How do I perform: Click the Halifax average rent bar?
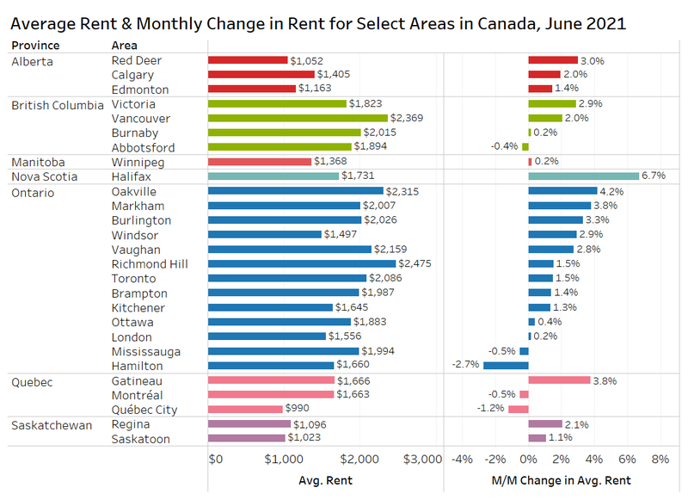(273, 176)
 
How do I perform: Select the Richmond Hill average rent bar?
(302, 264)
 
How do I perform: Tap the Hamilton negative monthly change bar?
(506, 366)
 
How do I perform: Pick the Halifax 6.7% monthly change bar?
(583, 176)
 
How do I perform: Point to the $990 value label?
(298, 410)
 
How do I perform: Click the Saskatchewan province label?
(51, 424)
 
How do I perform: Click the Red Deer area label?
(137, 60)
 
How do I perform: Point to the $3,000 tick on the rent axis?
(422, 459)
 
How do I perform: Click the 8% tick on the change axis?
(660, 459)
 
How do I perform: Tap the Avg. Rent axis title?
(325, 480)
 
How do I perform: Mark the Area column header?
(125, 45)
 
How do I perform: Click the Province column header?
(35, 45)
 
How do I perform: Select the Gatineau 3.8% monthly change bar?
(559, 380)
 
